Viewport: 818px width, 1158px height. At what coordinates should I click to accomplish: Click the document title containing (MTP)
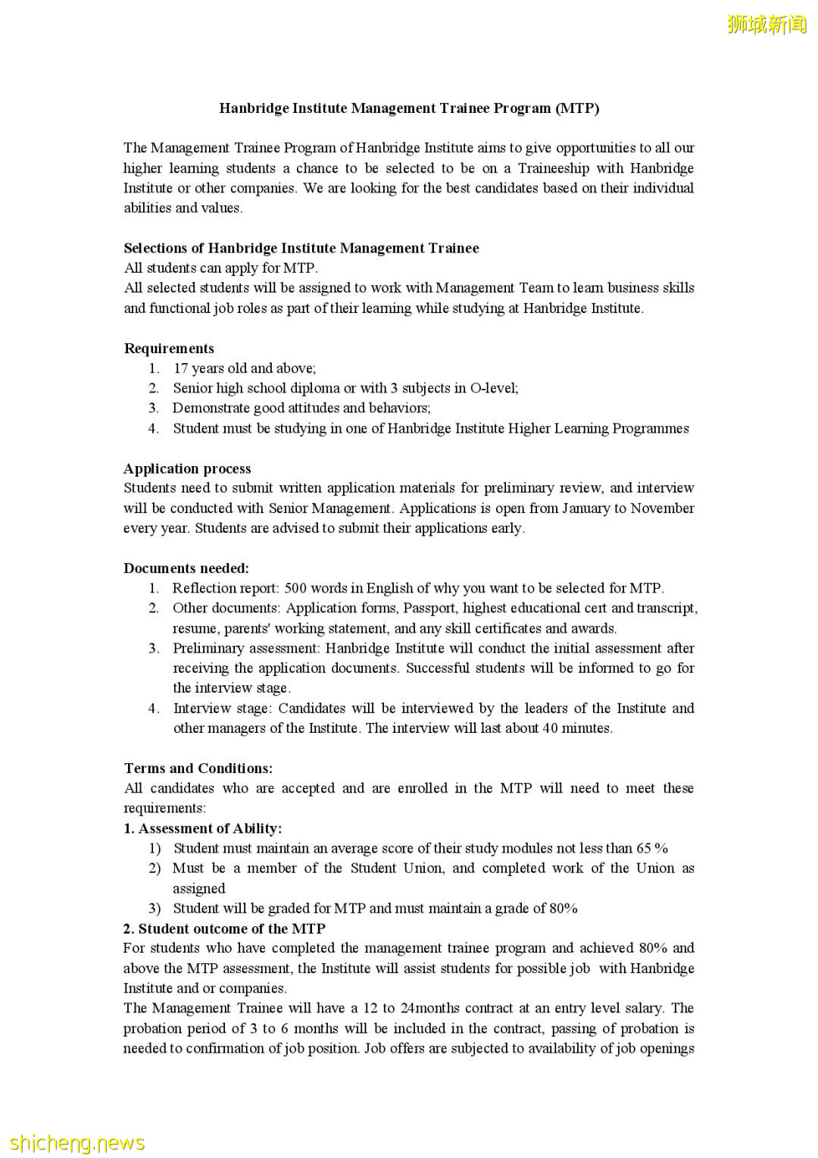click(409, 108)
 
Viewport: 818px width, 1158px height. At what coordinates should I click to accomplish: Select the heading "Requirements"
click(169, 349)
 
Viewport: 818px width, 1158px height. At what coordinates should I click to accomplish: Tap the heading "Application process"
click(187, 468)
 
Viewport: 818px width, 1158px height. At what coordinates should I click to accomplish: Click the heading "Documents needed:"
click(186, 568)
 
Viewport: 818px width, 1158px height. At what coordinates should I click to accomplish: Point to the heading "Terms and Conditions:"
click(198, 768)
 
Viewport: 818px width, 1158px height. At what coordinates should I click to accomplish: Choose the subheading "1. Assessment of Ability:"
click(202, 828)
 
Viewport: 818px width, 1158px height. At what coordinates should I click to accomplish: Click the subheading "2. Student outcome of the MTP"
click(224, 928)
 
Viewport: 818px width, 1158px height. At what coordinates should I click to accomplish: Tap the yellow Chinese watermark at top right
click(766, 24)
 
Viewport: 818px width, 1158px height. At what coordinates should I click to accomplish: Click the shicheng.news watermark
click(77, 1142)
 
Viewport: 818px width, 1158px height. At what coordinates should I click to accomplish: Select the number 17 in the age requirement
click(180, 368)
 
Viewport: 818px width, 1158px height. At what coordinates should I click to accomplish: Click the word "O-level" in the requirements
click(493, 388)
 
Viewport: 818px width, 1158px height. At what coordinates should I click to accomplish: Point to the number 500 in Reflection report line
click(295, 588)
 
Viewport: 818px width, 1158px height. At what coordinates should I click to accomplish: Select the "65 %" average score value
click(651, 848)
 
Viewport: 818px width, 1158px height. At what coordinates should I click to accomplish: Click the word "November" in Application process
click(662, 508)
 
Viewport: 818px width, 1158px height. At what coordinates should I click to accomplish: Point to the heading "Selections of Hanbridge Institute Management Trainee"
click(301, 249)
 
